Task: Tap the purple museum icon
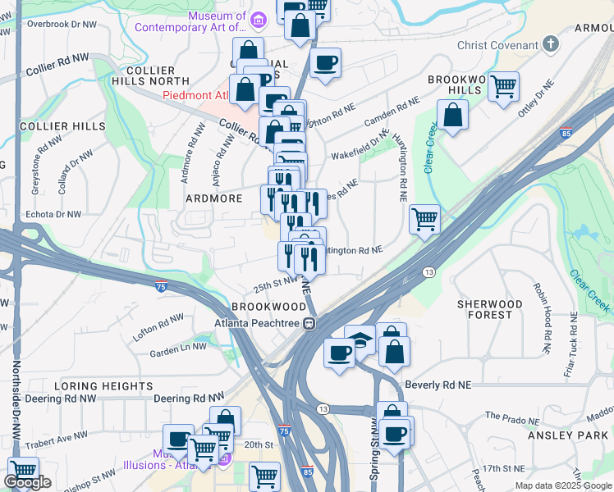(259, 19)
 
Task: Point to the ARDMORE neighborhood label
(213, 198)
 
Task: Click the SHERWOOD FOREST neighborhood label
(490, 309)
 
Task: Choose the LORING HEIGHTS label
(103, 385)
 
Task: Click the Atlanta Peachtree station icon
(309, 323)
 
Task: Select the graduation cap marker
(360, 338)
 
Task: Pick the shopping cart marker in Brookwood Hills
(503, 85)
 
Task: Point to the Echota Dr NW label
(54, 214)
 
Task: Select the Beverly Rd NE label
(439, 384)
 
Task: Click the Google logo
(27, 482)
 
